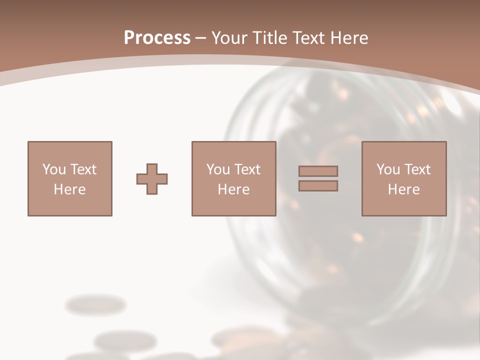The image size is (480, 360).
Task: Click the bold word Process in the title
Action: (157, 38)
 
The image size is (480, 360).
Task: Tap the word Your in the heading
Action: (229, 38)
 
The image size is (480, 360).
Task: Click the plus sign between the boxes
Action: (152, 179)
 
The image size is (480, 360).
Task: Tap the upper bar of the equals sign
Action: (318, 171)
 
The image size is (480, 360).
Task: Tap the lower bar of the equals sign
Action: (318, 186)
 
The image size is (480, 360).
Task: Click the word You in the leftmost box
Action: (53, 169)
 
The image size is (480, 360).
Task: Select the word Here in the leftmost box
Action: (69, 189)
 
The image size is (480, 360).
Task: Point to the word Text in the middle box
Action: (247, 169)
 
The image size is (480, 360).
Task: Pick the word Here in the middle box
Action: (233, 189)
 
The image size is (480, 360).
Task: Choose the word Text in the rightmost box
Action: (417, 169)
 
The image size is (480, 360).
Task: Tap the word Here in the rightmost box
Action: (403, 189)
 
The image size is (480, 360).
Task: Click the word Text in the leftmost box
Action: (83, 169)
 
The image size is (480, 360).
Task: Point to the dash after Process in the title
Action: (201, 38)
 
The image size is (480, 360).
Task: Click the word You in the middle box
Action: (217, 169)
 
